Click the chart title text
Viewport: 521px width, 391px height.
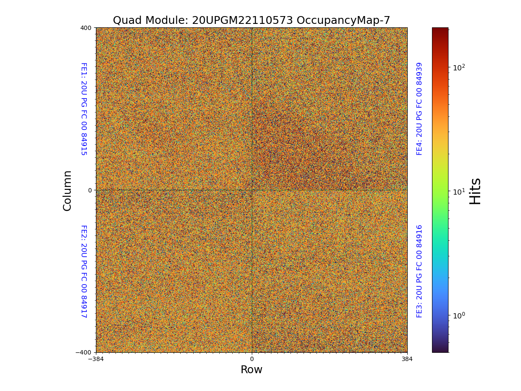pos(251,20)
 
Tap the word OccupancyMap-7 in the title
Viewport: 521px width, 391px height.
pos(343,20)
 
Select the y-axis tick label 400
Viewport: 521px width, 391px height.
pos(86,28)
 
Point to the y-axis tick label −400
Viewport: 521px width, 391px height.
pos(84,352)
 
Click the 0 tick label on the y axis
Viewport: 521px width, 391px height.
pos(90,190)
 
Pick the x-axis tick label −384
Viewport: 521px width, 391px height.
pos(96,359)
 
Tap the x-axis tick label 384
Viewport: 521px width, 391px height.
pos(407,359)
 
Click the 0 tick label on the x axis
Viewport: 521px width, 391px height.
pos(251,359)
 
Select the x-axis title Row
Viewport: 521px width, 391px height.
pos(251,370)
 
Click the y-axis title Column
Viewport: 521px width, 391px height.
pos(67,190)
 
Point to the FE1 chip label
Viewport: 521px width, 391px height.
pos(84,109)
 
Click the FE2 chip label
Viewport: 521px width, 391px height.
pos(84,271)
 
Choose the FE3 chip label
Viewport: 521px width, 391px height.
pos(419,271)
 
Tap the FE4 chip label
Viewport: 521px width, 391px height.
pos(419,109)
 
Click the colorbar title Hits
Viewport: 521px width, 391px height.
pos(475,191)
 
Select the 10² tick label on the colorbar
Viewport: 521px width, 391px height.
pos(459,67)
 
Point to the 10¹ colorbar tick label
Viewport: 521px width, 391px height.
pos(459,192)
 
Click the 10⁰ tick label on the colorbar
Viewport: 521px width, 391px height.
pos(459,315)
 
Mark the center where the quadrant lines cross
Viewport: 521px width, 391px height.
pos(251,190)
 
